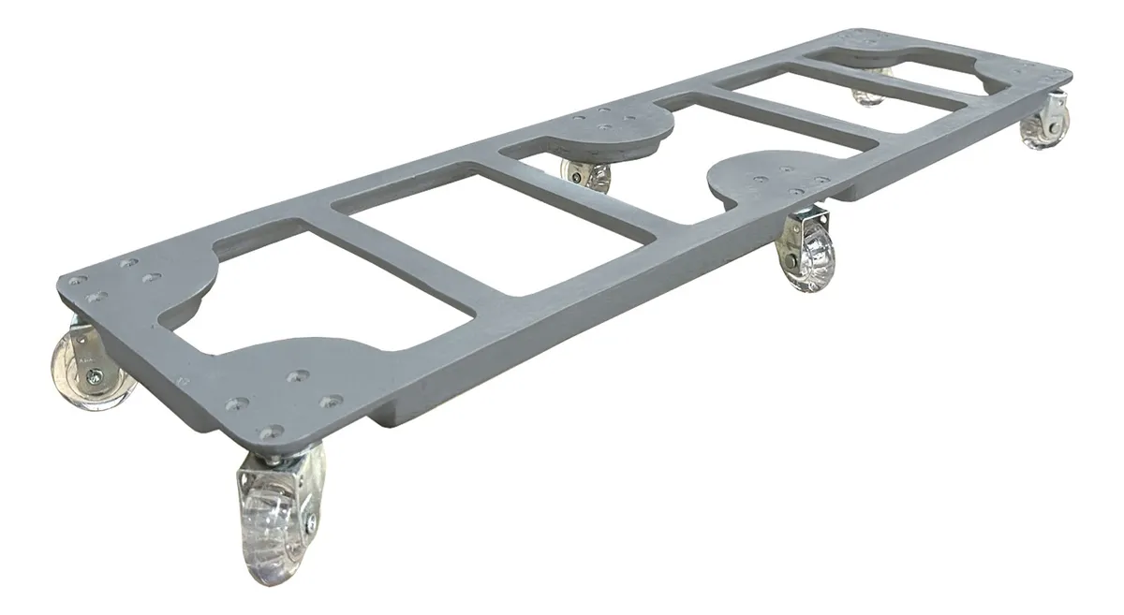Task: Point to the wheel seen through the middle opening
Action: click(x=587, y=175)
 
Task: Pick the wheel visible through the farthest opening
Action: click(x=869, y=95)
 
